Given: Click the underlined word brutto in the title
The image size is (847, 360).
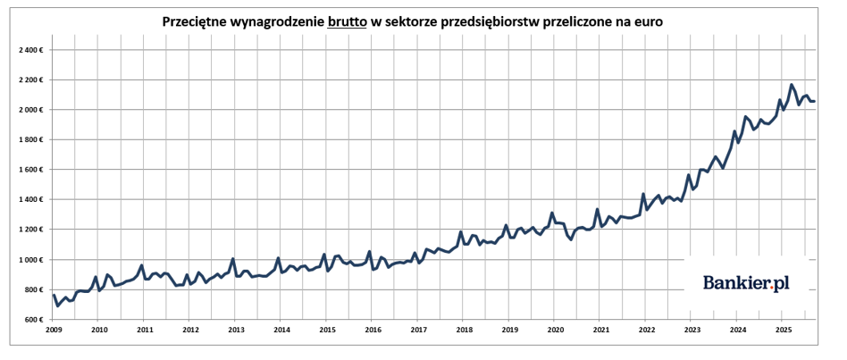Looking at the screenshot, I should click(x=347, y=21).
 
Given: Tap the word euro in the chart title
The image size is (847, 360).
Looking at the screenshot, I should click(x=645, y=21).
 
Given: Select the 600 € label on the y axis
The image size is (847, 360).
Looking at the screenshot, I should click(x=35, y=320).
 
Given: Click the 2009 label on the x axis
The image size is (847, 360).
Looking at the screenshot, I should click(x=55, y=330).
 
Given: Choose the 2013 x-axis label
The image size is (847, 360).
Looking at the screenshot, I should click(x=236, y=330).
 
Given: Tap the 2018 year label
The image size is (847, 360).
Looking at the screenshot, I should click(x=463, y=330).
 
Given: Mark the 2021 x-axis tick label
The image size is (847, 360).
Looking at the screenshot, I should click(x=600, y=330).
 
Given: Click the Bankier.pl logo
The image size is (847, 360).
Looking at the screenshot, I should click(x=746, y=283).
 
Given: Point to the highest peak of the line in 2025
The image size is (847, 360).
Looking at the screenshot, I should click(x=792, y=85).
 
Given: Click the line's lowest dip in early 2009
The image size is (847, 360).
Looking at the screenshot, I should click(x=58, y=306).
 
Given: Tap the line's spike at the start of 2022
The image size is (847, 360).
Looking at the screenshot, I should click(x=643, y=194).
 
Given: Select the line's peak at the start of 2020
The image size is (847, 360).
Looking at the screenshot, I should click(x=552, y=213).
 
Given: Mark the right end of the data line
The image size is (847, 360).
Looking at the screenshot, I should click(x=814, y=101).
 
